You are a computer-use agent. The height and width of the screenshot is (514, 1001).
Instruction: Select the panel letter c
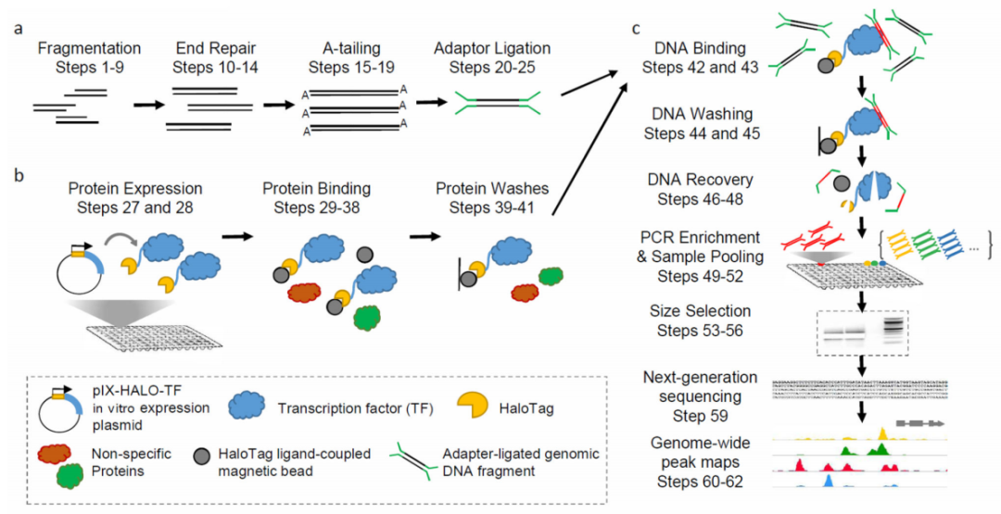635,28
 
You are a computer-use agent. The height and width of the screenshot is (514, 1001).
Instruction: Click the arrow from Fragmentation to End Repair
148,105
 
